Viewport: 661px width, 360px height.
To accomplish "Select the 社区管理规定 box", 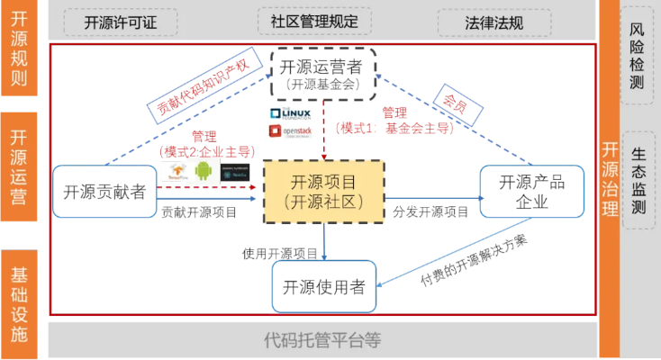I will point(312,22).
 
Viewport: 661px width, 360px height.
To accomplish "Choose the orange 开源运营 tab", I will point(19,166).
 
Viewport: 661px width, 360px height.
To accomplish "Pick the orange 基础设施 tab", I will point(19,304).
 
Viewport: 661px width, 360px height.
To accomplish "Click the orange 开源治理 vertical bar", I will point(610,180).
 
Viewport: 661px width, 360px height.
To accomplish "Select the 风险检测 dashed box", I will point(638,56).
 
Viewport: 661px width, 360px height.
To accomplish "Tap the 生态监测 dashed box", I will point(638,180).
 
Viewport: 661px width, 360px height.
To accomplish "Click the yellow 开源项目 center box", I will point(323,191).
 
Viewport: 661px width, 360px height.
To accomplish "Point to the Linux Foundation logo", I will point(289,113).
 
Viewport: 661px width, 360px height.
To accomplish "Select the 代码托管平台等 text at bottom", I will point(322,340).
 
